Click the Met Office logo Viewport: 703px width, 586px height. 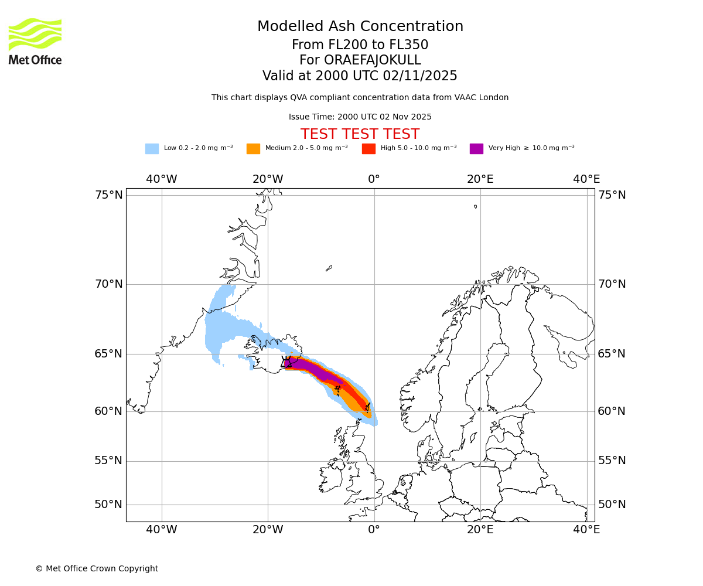point(35,41)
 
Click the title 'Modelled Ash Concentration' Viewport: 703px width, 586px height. point(360,26)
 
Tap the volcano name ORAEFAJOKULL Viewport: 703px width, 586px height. point(360,60)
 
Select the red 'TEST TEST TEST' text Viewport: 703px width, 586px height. point(360,134)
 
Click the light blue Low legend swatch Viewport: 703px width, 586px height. point(152,148)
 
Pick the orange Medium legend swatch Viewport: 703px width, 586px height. point(253,148)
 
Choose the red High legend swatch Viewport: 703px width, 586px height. point(368,148)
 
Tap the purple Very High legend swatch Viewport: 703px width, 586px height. point(476,148)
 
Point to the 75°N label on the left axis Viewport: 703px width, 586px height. point(109,195)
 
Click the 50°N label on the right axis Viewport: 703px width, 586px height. point(612,504)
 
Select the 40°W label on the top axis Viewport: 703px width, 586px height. point(162,179)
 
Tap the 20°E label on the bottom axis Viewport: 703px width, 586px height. point(480,530)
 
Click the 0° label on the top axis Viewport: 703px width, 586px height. point(374,179)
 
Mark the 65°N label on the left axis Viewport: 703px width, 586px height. point(109,353)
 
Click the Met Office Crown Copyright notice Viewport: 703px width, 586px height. point(97,568)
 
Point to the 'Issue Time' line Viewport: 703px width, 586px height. point(360,117)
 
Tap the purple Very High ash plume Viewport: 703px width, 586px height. point(316,370)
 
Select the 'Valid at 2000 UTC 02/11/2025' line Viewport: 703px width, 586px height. point(360,76)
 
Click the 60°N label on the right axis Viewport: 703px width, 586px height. point(612,411)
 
